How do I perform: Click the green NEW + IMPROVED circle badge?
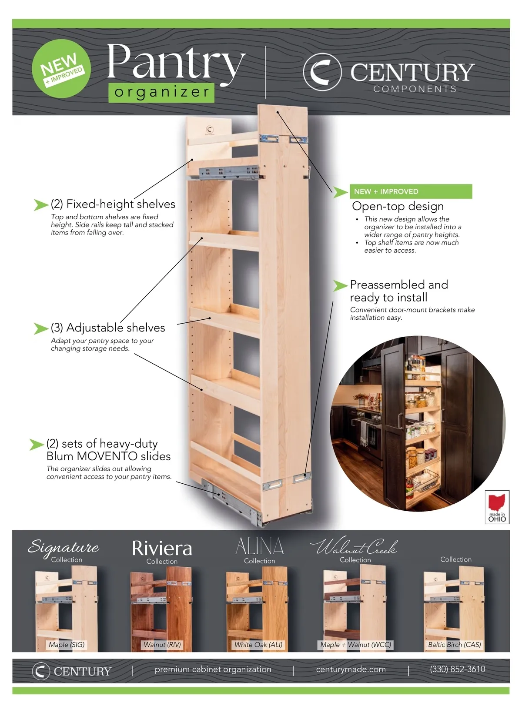pos(61,69)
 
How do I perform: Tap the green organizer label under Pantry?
pos(161,92)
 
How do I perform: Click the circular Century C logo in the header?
pos(322,72)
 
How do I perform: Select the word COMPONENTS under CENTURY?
pos(415,89)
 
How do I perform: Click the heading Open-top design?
pos(398,206)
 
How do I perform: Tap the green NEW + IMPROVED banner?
pos(410,191)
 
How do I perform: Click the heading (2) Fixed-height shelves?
pos(113,204)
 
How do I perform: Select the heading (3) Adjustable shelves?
pos(108,328)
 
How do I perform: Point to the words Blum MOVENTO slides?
pos(108,456)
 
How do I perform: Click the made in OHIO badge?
pos(497,507)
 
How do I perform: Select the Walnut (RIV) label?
pos(162,645)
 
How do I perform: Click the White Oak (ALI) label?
pos(258,645)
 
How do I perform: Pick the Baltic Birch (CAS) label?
pos(454,645)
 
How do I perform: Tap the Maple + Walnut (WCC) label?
pos(355,645)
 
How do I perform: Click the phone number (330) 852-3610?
pos(457,669)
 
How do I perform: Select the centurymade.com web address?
pos(351,669)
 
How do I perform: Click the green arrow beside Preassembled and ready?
pos(340,285)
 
